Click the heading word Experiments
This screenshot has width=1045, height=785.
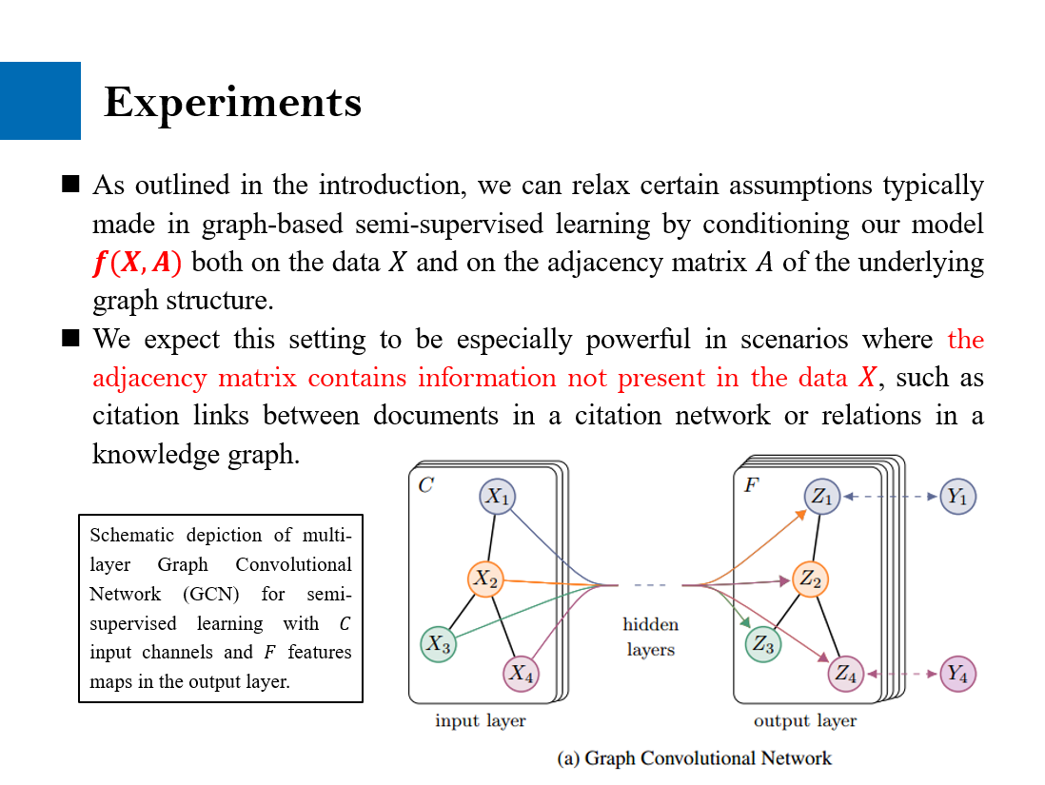pos(233,102)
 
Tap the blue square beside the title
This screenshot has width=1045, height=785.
pos(40,101)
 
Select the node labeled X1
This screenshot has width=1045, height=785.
pos(497,496)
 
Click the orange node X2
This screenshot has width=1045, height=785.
pos(485,579)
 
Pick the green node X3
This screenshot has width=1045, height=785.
pos(438,644)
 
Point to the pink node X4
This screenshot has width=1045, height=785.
pos(521,674)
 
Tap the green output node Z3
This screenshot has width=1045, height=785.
pos(763,644)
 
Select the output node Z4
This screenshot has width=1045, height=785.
pos(846,674)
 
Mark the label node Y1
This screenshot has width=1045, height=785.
pos(957,497)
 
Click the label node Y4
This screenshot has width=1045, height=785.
pos(957,674)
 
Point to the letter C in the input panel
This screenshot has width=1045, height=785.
pos(425,485)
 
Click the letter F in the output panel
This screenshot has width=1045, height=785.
pos(751,485)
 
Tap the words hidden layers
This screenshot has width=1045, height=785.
pos(651,637)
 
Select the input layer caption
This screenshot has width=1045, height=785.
pos(480,720)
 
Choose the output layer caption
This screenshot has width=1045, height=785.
pos(805,720)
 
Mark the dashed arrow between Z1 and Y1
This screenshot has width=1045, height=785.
pos(890,497)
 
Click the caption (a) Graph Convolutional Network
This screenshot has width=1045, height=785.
pos(694,758)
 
